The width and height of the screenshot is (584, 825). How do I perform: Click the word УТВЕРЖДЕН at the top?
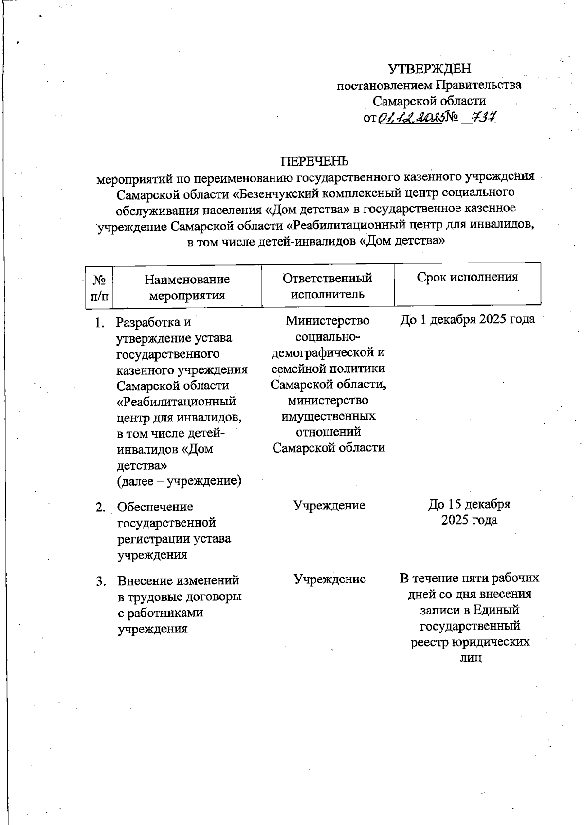click(x=429, y=69)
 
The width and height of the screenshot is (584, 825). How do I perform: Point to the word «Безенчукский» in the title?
click(x=277, y=193)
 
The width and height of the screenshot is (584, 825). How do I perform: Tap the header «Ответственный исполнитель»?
click(x=328, y=286)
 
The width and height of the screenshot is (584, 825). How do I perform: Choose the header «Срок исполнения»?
click(x=467, y=277)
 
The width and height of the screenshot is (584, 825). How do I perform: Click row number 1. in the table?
click(x=99, y=322)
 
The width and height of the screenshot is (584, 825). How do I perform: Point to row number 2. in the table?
click(x=100, y=507)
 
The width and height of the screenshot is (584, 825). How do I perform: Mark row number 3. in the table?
click(x=100, y=581)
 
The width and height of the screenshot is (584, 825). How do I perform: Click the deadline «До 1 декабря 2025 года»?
click(x=467, y=319)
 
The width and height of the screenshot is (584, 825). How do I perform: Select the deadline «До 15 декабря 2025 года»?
click(x=469, y=512)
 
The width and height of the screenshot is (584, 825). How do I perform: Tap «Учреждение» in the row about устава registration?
click(x=329, y=505)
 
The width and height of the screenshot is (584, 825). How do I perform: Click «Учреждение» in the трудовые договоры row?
click(x=329, y=579)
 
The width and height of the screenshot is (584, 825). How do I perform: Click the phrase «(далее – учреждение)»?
click(x=179, y=481)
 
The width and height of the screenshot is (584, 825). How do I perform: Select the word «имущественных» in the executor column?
click(x=328, y=416)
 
